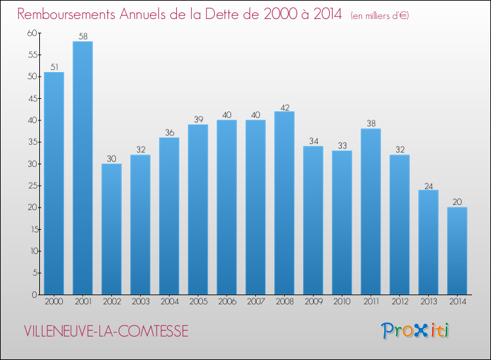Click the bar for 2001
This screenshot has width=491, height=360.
[82, 168]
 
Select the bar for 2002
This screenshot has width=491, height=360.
[111, 228]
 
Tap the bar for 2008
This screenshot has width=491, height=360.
[284, 202]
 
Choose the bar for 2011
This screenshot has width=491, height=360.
[371, 211]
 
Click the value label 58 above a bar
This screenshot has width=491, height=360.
[82, 37]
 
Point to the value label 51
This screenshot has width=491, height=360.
[54, 67]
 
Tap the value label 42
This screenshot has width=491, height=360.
[284, 106]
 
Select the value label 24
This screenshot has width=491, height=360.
[428, 185]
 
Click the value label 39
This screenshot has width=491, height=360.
[198, 120]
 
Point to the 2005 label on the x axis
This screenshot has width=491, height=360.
[198, 302]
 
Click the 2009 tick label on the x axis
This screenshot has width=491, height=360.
[313, 302]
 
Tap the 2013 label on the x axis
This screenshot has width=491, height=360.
[428, 302]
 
